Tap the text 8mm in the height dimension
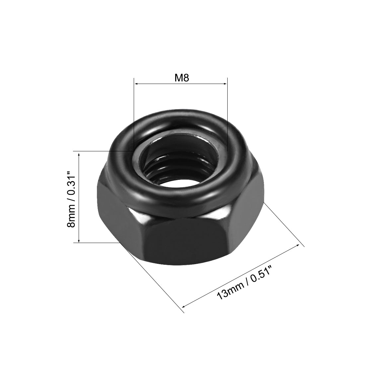pos(71,220)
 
